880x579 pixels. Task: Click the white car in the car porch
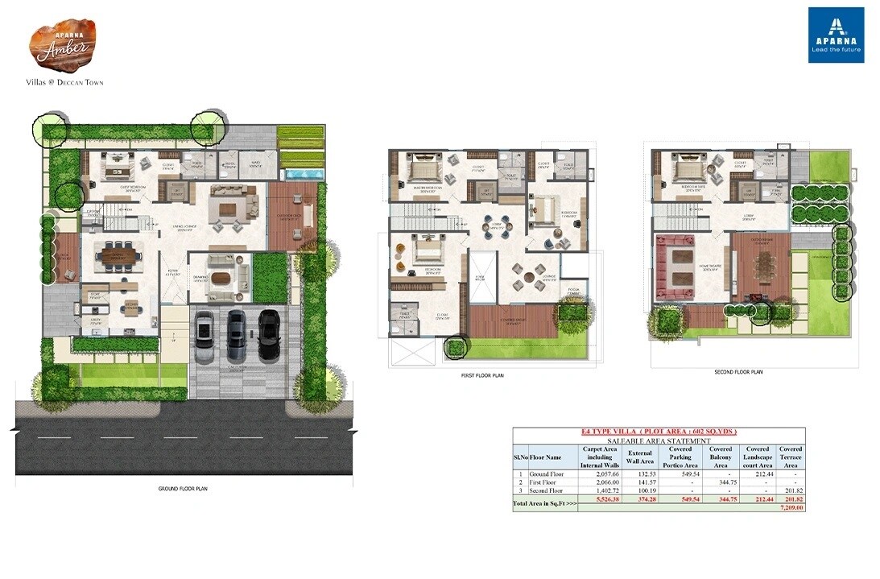[x=205, y=329]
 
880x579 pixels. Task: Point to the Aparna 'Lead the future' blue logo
[x=836, y=35]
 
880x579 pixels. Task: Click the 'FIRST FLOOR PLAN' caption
[x=482, y=375]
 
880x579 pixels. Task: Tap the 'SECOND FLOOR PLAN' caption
[x=738, y=372]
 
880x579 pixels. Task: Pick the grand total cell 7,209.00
[x=791, y=508]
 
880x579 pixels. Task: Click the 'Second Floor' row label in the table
[x=547, y=490]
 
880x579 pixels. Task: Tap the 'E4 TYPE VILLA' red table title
[x=659, y=432]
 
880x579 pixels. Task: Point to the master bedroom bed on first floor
[x=421, y=172]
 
